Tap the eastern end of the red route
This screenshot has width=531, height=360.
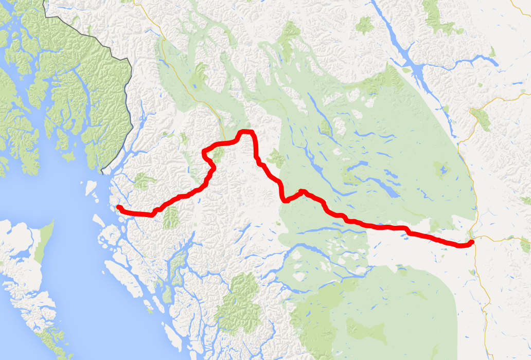(x=471, y=243)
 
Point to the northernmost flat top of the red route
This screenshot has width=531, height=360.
(x=246, y=133)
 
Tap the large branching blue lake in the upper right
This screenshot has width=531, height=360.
(x=412, y=62)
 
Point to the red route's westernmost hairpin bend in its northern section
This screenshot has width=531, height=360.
(x=205, y=151)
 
